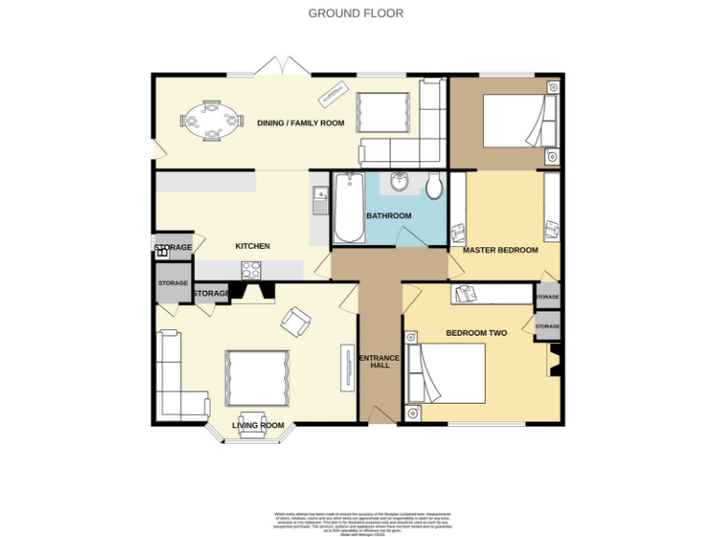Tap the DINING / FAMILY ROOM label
click(x=301, y=123)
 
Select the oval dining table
click(x=212, y=120)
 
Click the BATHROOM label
click(x=389, y=216)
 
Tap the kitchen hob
click(x=252, y=269)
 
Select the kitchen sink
click(x=320, y=200)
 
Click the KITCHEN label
click(x=253, y=246)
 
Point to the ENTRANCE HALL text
click(x=379, y=361)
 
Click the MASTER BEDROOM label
click(x=501, y=251)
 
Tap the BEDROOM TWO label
click(x=476, y=333)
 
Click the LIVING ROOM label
click(x=258, y=426)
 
